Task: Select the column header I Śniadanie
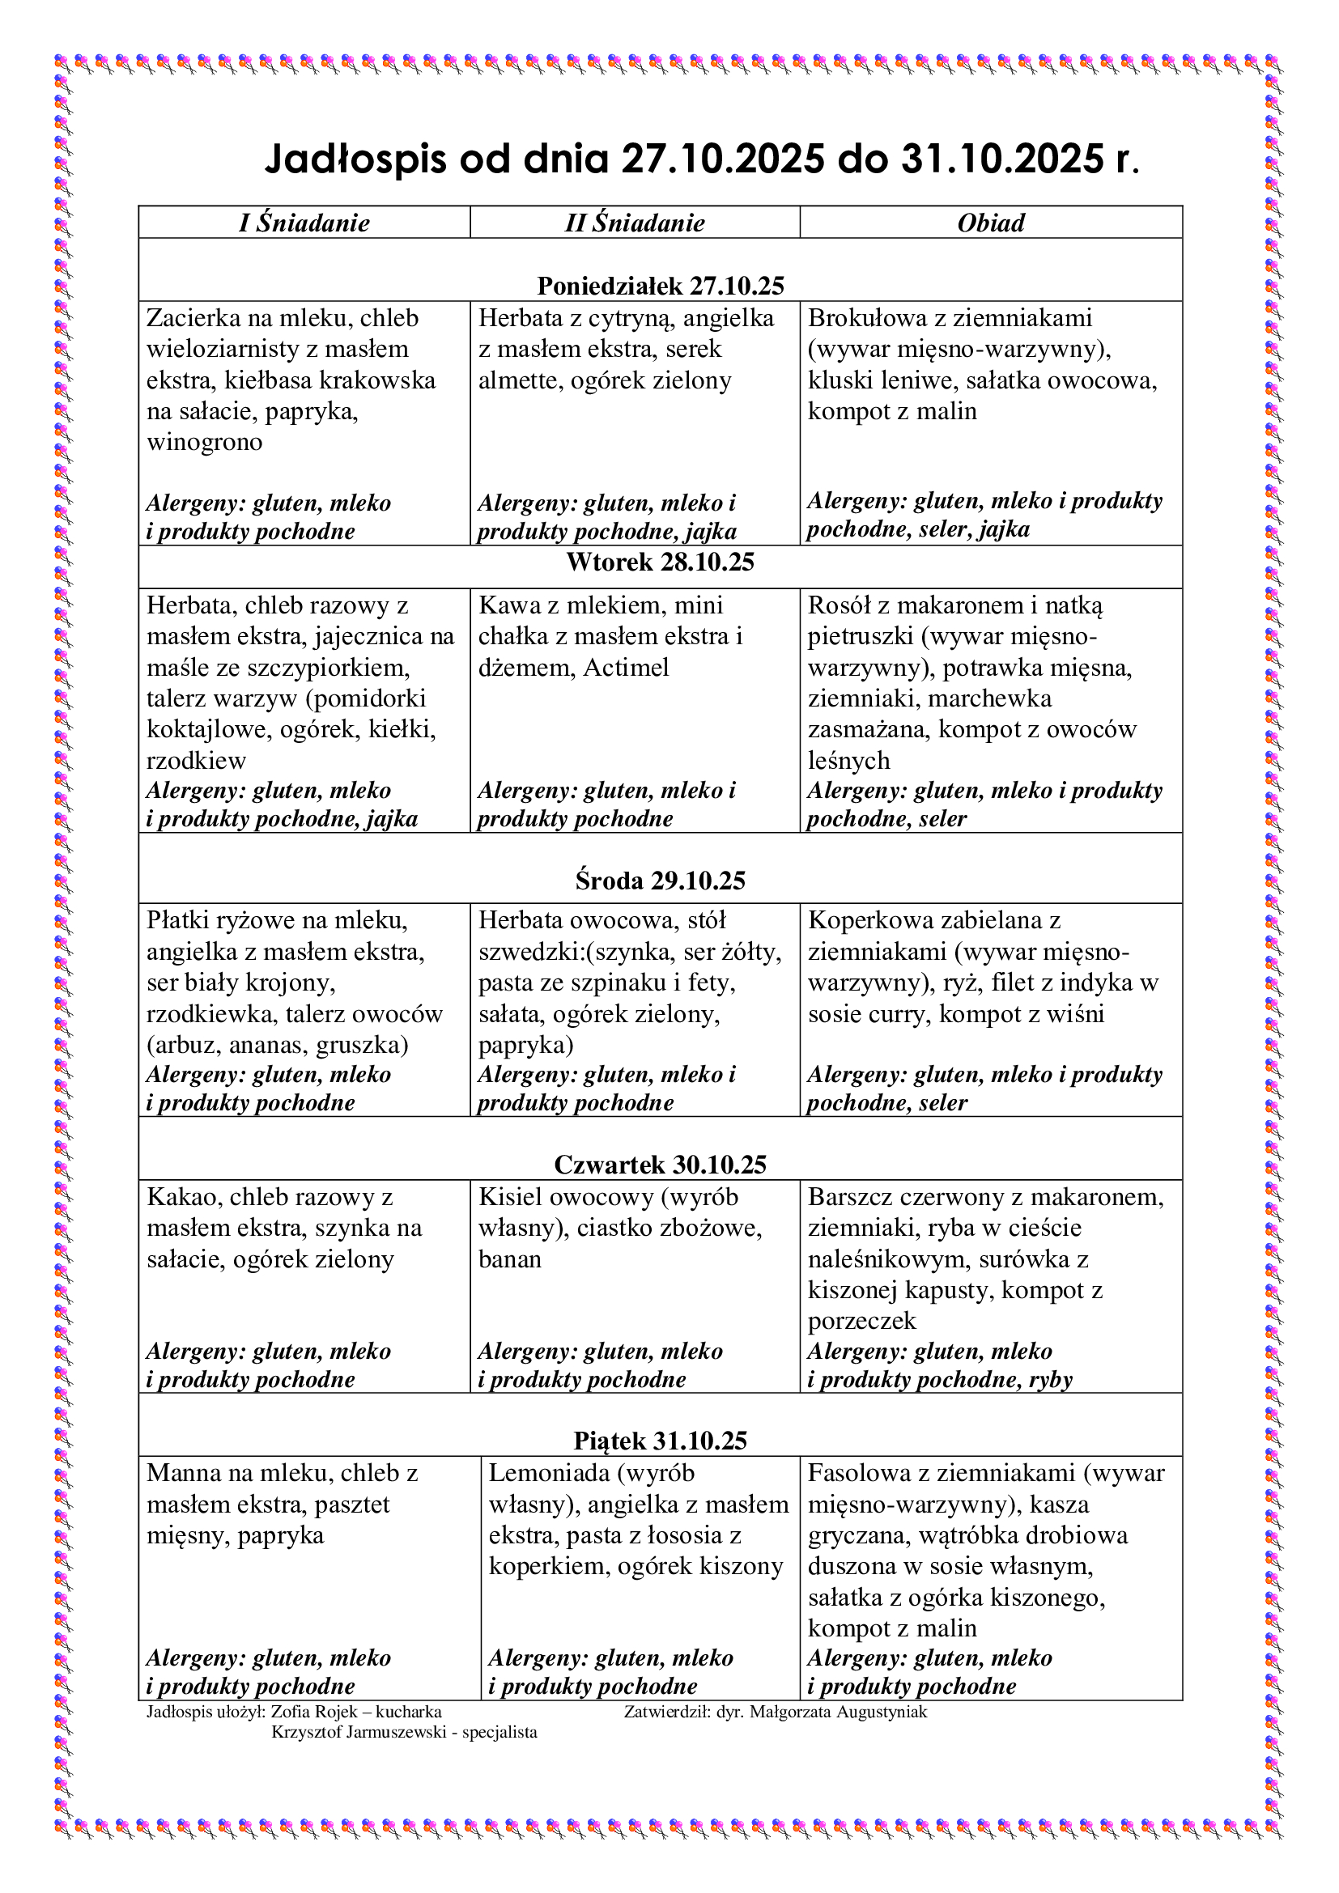(x=304, y=223)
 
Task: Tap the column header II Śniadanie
(x=634, y=223)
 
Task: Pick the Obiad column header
(x=990, y=223)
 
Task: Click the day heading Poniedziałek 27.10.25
(x=661, y=285)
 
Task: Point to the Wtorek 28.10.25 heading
(x=661, y=562)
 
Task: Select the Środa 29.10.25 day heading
(x=661, y=881)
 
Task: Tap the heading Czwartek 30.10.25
(x=661, y=1164)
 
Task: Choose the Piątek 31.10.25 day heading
(x=661, y=1441)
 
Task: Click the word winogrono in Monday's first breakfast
(x=205, y=442)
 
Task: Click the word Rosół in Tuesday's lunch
(x=840, y=605)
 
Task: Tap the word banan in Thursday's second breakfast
(x=509, y=1259)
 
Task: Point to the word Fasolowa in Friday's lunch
(x=861, y=1473)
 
